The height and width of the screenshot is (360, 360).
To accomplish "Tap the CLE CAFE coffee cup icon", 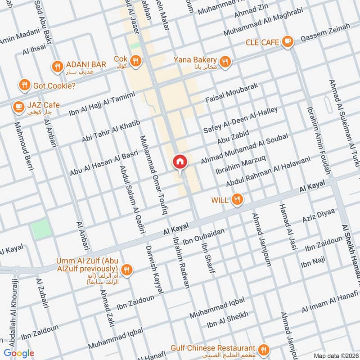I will [x=287, y=42].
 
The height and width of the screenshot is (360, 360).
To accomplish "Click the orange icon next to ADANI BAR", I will [x=57, y=66].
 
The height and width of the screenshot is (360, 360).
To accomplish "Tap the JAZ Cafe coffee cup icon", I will [x=18, y=106].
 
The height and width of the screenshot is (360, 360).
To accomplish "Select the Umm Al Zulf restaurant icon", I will [x=127, y=269].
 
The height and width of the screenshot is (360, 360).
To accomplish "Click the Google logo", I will [x=18, y=353].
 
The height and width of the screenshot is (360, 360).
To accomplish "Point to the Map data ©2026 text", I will [x=336, y=355].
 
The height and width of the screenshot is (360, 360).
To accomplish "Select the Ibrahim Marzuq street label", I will [x=240, y=166].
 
